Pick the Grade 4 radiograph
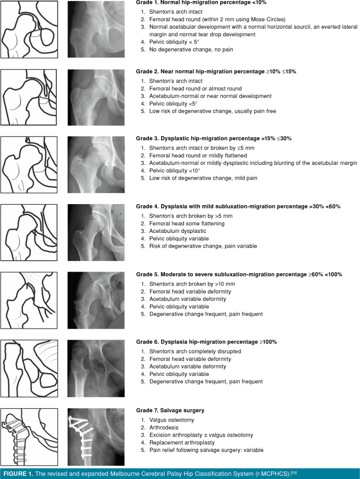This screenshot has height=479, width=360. (x=95, y=232)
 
